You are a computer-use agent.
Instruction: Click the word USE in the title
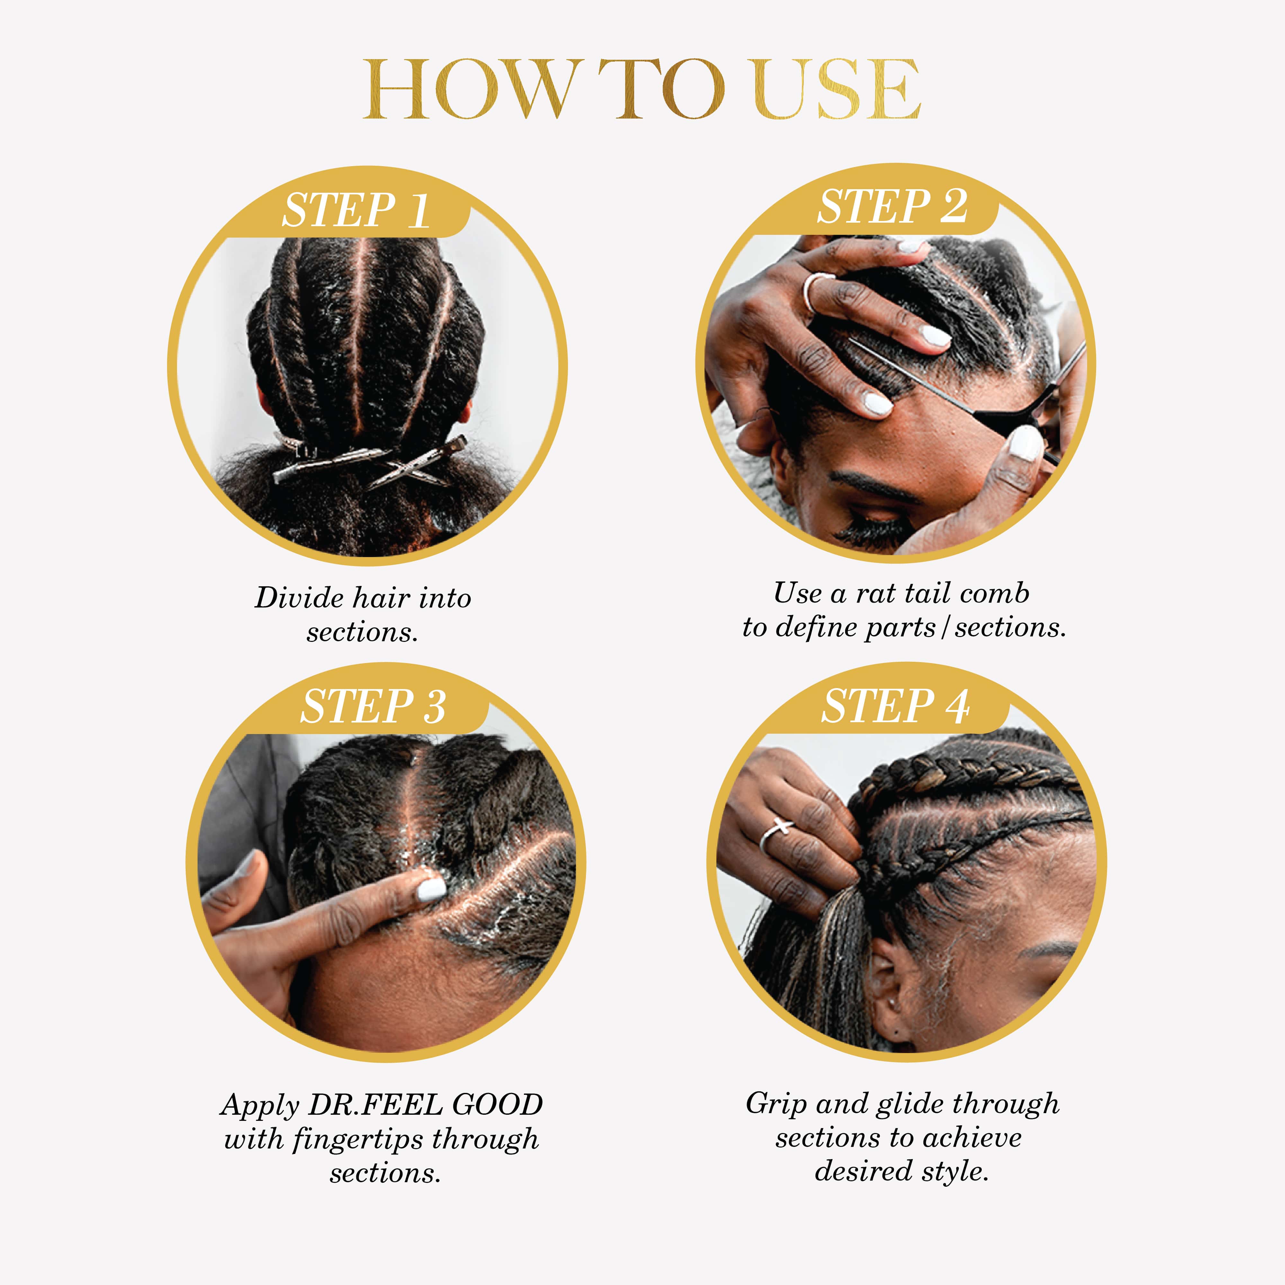(x=837, y=90)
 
